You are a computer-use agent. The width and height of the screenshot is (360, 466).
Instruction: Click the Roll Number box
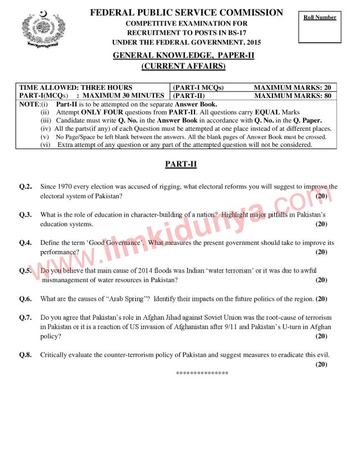point(320,26)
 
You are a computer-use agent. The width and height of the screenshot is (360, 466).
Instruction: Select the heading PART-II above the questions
point(181,165)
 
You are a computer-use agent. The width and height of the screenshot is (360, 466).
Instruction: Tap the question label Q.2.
point(25,187)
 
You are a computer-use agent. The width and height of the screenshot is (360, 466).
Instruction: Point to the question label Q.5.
point(25,271)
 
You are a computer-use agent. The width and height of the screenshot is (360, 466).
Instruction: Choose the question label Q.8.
point(25,355)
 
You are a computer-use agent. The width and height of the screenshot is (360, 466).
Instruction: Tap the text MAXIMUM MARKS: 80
point(292,95)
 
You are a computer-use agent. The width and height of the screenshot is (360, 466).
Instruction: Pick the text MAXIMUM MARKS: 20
point(292,88)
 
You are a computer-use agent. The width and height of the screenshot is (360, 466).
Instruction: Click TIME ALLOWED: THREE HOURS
point(76,88)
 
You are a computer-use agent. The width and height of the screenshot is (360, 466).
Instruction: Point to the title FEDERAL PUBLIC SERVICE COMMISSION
point(186,13)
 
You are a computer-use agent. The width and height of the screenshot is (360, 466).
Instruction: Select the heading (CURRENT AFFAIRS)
point(183,66)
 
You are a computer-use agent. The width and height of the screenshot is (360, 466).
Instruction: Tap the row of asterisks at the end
point(202,373)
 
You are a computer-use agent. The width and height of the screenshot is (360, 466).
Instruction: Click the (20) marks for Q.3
point(321,224)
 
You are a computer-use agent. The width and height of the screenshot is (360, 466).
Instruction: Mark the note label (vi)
point(45,145)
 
